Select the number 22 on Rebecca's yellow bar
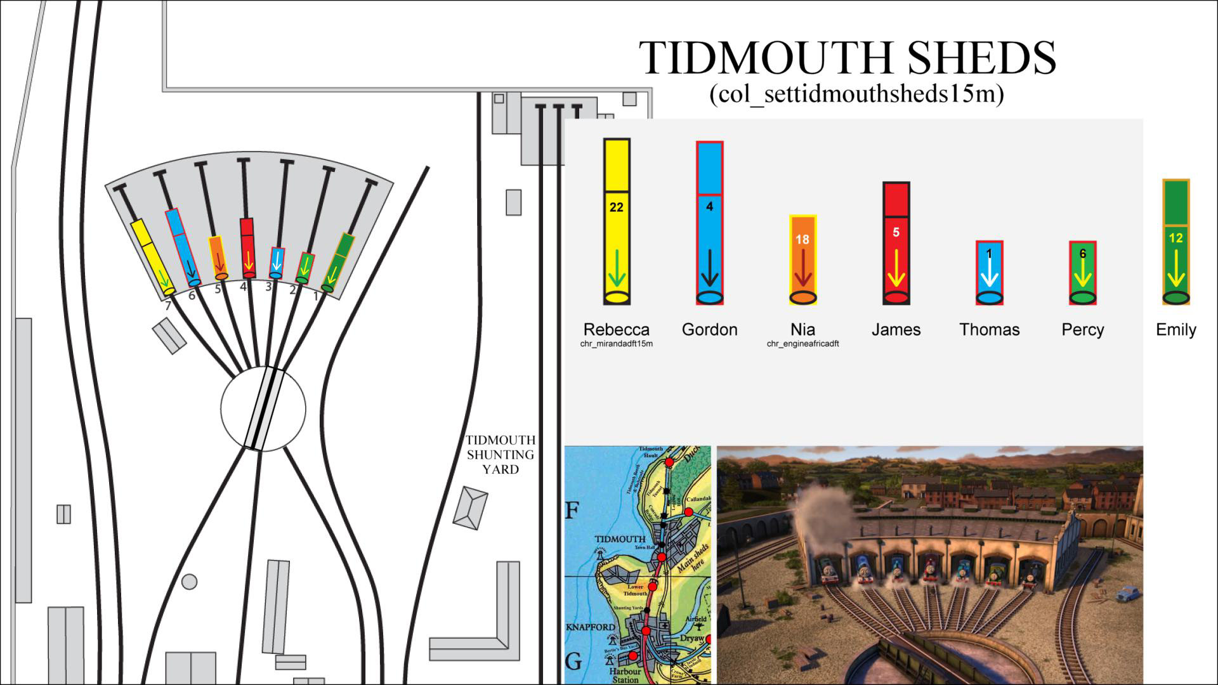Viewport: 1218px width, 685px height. coord(616,207)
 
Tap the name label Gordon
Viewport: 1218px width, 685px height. coord(709,330)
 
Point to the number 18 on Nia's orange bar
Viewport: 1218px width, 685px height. coord(802,240)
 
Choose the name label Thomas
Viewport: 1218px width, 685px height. coord(989,330)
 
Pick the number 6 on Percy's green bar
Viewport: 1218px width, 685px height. coord(1082,254)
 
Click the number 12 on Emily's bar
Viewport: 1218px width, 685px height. coord(1175,238)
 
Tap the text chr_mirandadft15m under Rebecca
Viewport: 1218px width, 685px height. coord(616,344)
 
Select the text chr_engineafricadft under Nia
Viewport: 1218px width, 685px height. coord(802,344)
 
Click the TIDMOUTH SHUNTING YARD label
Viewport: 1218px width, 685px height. coord(501,455)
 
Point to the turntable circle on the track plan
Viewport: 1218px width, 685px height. coord(263,409)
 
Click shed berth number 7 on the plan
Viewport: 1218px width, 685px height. coord(168,306)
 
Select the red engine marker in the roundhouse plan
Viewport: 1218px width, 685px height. coord(247,248)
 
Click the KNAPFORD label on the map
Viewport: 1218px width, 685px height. coord(590,627)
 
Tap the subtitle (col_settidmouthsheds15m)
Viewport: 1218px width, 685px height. coord(856,95)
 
